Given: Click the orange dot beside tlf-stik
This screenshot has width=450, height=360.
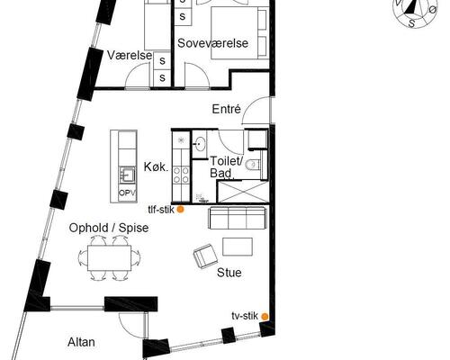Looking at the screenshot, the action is tap(180, 210).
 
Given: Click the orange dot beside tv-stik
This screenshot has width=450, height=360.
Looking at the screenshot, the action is tap(265, 317).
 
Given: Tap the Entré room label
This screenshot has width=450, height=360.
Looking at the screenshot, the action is tap(226, 109).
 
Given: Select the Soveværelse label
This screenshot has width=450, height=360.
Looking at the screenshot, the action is tap(212, 43).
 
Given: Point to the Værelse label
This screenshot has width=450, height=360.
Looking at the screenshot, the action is tap(130, 56).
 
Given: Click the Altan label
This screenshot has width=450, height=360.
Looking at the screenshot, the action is tap(81, 342).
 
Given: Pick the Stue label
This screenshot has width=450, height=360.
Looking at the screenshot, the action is tap(229, 273).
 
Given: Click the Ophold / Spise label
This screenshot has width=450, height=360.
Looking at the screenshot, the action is tap(109, 228).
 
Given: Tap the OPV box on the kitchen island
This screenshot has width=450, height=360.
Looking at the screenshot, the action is tap(128, 193).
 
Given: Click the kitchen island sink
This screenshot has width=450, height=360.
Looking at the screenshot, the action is tap(128, 175).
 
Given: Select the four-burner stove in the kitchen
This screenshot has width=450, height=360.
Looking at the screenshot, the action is tap(181, 175).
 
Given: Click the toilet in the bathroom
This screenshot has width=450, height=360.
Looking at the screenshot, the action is tap(253, 165).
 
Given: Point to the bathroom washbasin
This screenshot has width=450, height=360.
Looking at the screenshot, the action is tap(199, 143).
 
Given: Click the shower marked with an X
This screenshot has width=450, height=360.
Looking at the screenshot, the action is tap(242, 192).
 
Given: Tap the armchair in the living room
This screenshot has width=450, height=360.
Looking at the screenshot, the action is tap(205, 256).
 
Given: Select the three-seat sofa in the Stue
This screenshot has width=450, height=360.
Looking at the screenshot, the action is tap(237, 218).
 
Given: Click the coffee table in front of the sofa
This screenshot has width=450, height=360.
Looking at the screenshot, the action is tap(238, 247).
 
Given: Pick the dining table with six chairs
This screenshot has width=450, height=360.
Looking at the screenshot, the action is tap(109, 258).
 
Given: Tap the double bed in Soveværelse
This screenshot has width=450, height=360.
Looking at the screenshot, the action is tap(239, 32).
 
